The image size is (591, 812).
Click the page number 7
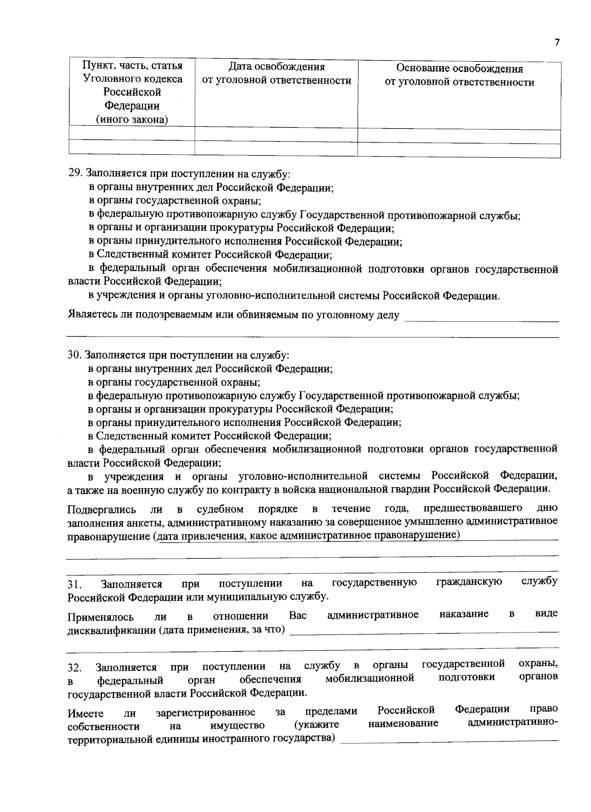tap(557, 42)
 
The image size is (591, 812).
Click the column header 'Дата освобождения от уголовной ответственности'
tap(277, 74)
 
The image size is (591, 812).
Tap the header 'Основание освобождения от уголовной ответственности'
tap(459, 75)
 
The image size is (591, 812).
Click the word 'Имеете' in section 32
tap(85, 713)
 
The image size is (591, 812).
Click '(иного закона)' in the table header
tap(131, 119)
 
